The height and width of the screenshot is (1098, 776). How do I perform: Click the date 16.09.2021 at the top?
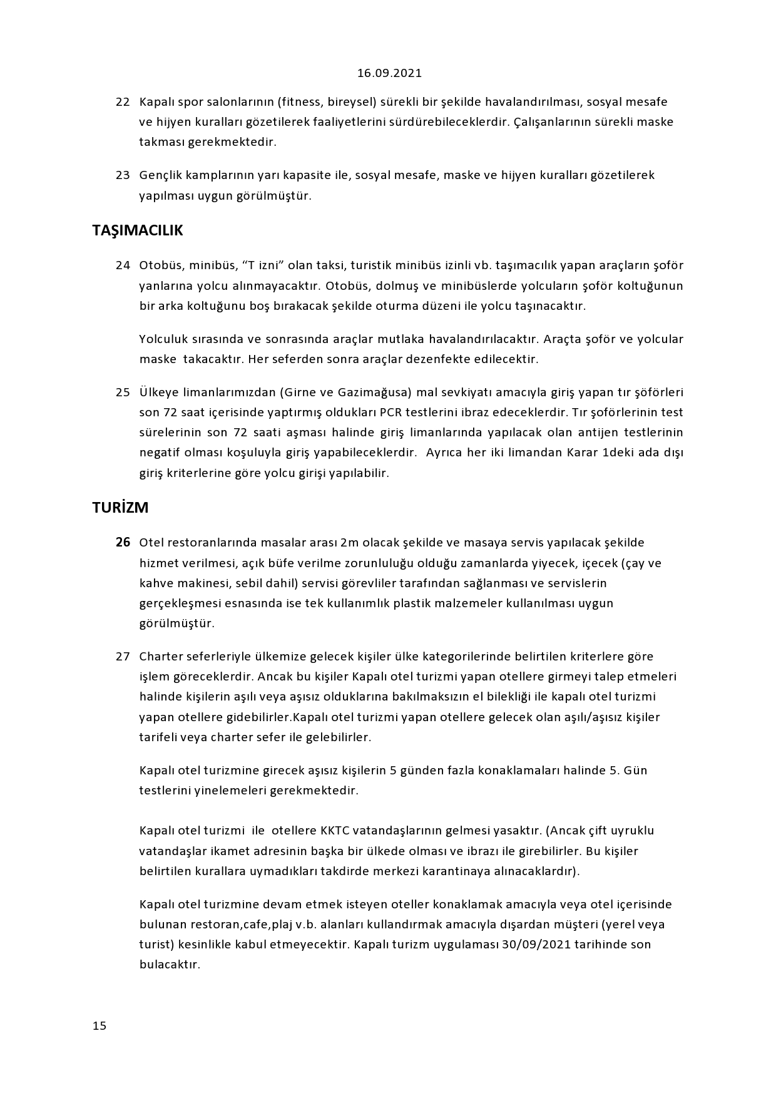[389, 73]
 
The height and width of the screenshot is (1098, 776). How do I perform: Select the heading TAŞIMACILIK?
[138, 230]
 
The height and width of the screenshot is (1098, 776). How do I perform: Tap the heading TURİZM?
[121, 508]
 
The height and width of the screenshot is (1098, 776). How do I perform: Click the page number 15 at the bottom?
[100, 1025]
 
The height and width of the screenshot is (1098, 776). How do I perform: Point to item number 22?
[123, 102]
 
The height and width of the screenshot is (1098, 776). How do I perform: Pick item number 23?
[123, 175]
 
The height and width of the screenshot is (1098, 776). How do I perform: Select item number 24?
[123, 265]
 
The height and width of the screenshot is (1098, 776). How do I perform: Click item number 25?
[123, 393]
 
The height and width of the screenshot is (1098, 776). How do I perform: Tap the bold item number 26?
[123, 543]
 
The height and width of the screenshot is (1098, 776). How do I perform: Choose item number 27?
[123, 657]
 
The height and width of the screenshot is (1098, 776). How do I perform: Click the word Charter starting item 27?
[160, 657]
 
